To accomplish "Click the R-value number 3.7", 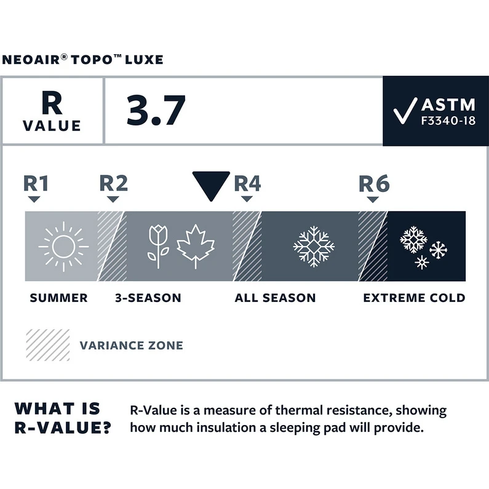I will (156, 111).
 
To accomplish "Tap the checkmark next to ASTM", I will (406, 111).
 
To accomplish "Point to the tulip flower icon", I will (159, 244).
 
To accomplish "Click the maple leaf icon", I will (196, 246).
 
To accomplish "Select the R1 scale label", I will (35, 183).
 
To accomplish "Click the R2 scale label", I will (113, 183).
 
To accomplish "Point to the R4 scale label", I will (247, 183).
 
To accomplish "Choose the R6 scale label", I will (374, 183).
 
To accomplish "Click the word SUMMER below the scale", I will (58, 298).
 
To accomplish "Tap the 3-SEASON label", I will (148, 298).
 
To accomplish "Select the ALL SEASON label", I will (275, 298).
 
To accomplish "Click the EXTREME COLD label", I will (414, 298).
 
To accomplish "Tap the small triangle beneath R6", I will (372, 199).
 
